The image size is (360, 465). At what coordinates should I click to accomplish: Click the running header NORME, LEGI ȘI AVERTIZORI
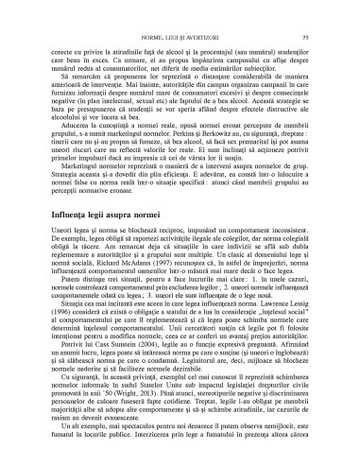(x=180, y=10)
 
